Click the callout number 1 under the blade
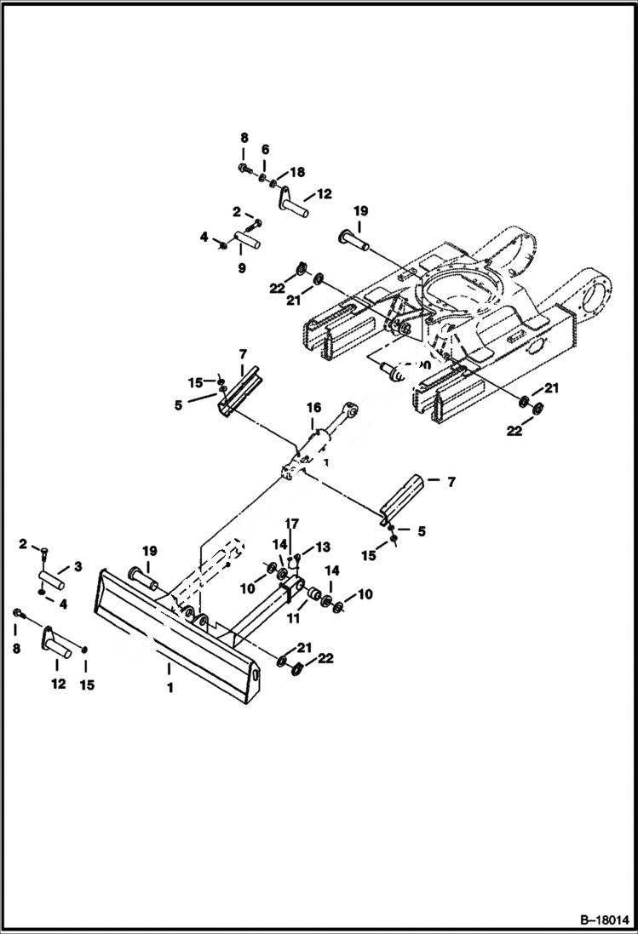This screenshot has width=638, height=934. (x=170, y=687)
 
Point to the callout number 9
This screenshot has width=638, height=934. (x=241, y=268)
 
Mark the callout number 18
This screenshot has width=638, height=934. (x=297, y=172)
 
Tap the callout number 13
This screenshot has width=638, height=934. (x=322, y=546)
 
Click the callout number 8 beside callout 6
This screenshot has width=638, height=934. (x=244, y=137)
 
